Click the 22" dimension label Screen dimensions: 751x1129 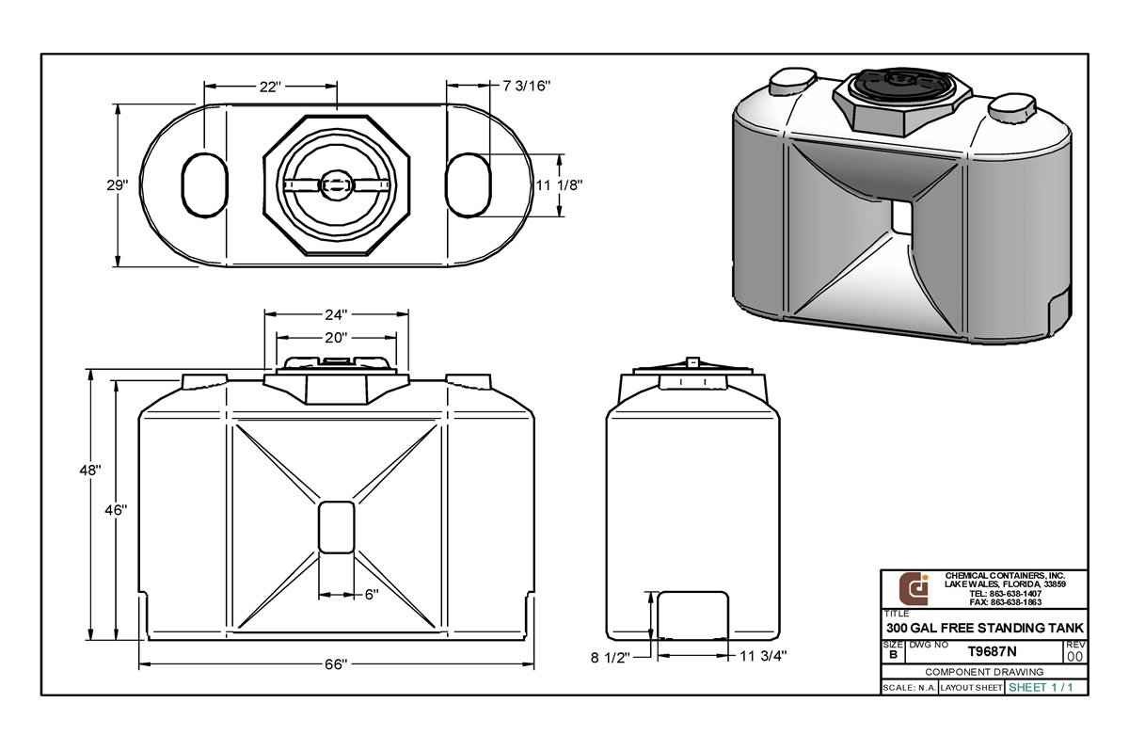click(269, 87)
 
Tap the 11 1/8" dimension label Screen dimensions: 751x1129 click(559, 185)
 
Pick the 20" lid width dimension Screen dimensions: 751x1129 click(337, 337)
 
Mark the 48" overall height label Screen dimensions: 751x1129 click(90, 469)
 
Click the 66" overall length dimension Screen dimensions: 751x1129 click(337, 664)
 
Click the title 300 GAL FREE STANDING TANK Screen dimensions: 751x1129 click(985, 628)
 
